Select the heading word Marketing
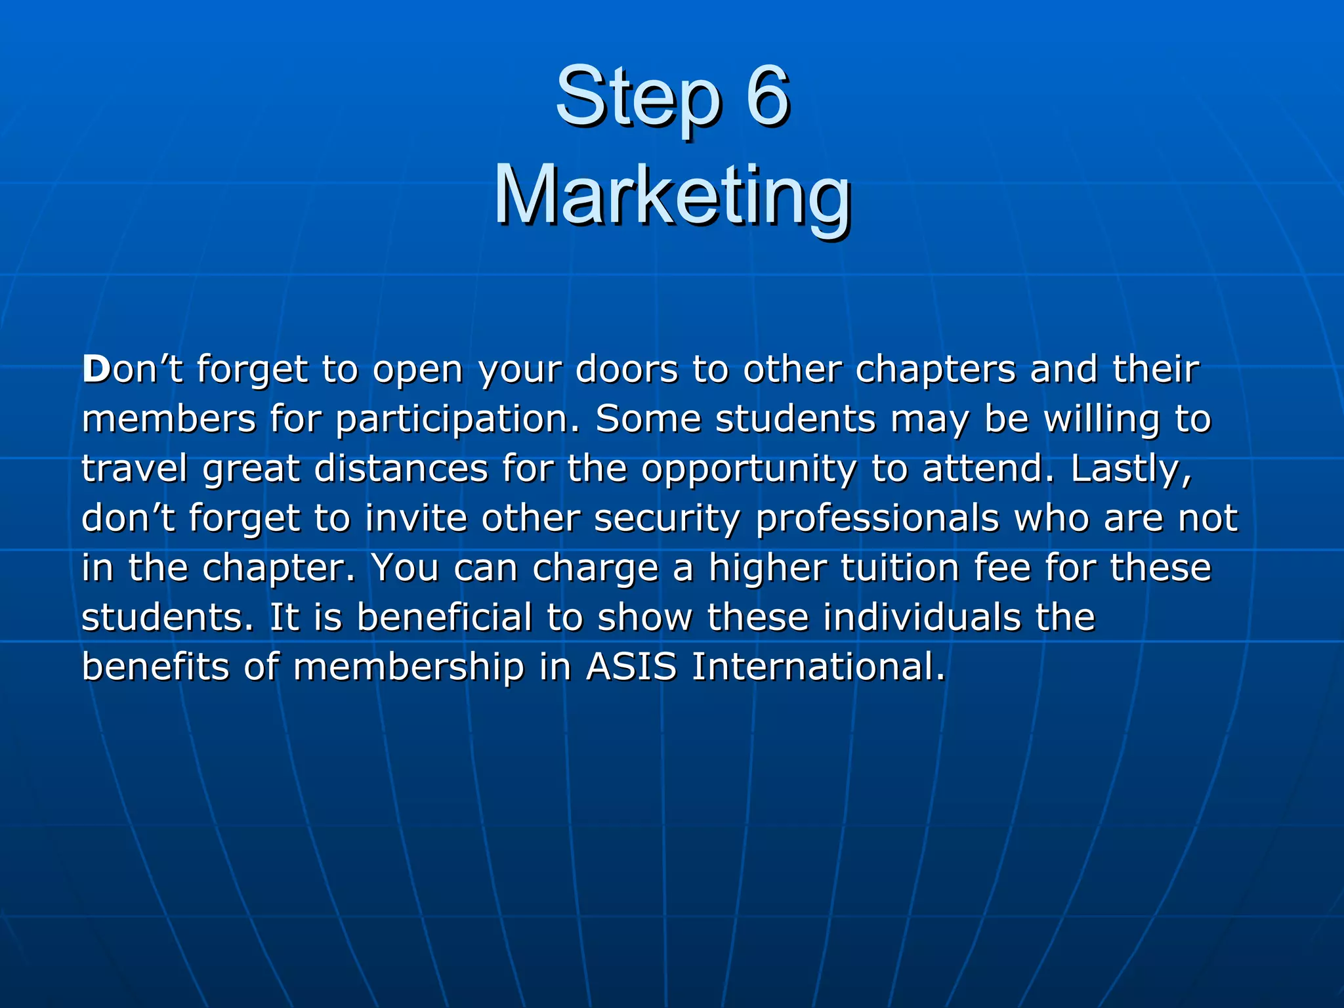[x=672, y=197]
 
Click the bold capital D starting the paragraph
[x=96, y=369]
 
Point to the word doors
[x=626, y=369]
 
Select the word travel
[x=135, y=469]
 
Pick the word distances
[x=401, y=469]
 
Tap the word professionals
[x=877, y=519]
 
